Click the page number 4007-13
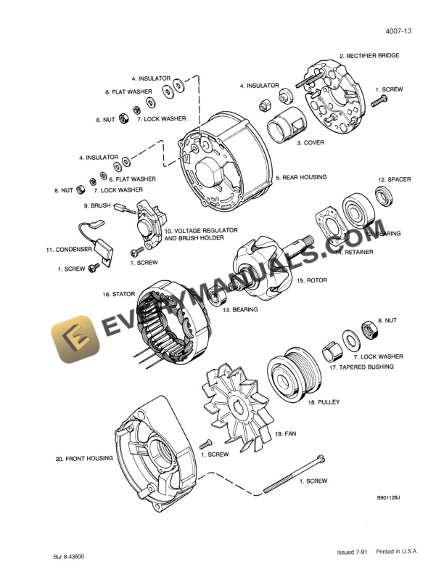point(398,31)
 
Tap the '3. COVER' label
point(310,143)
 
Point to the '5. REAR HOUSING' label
point(300,177)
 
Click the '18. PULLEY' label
point(324,401)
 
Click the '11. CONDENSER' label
point(69,249)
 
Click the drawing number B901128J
point(388,498)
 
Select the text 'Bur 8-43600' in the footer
point(69,557)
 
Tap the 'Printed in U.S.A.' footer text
point(396,552)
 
